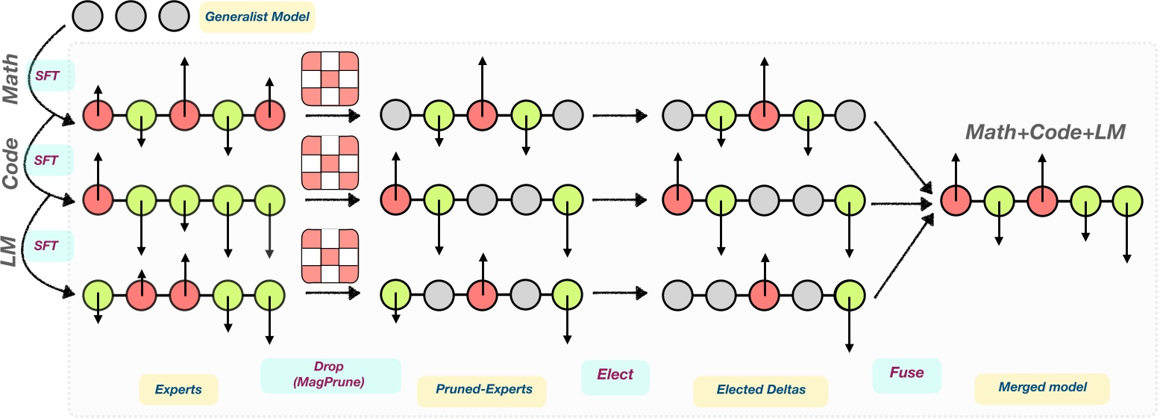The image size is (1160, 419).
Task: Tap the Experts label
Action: (178, 389)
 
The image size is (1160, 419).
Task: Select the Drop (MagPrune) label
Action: (330, 376)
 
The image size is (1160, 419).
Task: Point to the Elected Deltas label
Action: (760, 391)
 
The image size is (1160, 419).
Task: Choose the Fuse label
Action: (906, 372)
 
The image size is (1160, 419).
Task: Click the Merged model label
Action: (1042, 388)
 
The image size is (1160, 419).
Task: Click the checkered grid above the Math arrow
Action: (329, 78)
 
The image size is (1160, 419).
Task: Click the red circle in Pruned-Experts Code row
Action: (395, 200)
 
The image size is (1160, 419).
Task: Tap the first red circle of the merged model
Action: (956, 200)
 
